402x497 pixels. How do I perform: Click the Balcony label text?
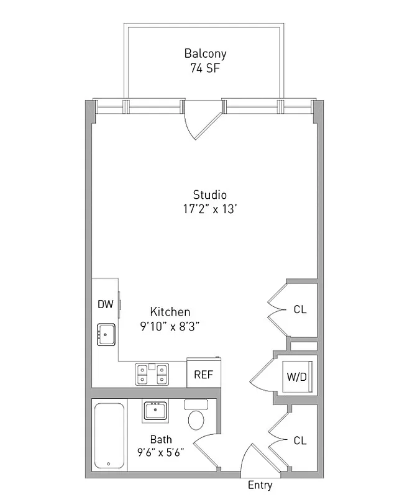click(x=205, y=53)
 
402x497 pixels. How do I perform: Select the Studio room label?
click(x=209, y=194)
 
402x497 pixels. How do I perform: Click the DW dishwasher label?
click(x=105, y=304)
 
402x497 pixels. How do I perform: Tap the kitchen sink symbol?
click(x=106, y=334)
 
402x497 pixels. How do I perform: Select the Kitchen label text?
click(x=170, y=312)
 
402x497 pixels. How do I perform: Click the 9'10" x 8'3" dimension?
click(x=170, y=325)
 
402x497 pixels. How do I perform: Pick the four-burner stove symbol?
click(x=152, y=373)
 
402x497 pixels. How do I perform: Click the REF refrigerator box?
click(x=203, y=375)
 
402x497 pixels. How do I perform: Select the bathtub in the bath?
click(x=109, y=435)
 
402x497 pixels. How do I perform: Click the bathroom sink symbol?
click(x=155, y=411)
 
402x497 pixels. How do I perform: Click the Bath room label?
click(x=161, y=440)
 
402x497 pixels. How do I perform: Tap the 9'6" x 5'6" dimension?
click(x=161, y=452)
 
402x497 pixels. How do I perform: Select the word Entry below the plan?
click(x=260, y=485)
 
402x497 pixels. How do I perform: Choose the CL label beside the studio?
click(x=300, y=309)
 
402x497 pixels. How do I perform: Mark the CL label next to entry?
click(x=300, y=440)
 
